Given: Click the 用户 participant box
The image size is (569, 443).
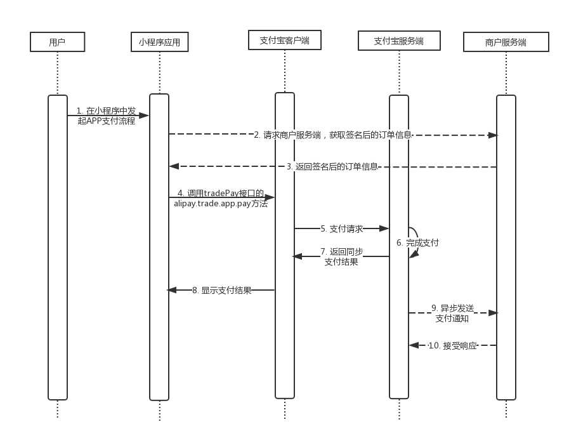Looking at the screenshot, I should click(x=57, y=42).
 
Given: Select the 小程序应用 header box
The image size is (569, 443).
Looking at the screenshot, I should click(x=159, y=43).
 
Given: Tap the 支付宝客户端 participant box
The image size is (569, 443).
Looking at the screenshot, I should click(x=284, y=41).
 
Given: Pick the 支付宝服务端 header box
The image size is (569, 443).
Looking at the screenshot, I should click(x=399, y=41).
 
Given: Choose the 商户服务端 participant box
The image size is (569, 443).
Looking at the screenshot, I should click(x=506, y=43).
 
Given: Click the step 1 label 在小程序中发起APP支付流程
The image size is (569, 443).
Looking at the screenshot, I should click(x=107, y=116).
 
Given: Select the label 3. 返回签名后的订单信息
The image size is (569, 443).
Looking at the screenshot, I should click(x=332, y=166).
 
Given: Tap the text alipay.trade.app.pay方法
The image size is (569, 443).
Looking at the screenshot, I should click(x=221, y=204).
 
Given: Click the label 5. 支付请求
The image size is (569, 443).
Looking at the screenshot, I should click(x=341, y=228).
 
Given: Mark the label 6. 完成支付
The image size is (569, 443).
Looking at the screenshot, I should click(x=417, y=242).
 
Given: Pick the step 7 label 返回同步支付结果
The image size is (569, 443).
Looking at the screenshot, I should click(x=341, y=256).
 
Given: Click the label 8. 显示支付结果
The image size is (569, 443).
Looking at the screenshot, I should click(x=221, y=290).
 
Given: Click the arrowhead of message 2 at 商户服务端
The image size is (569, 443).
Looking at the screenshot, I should click(x=492, y=135).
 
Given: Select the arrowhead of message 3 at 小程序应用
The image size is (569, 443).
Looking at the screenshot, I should click(x=174, y=166).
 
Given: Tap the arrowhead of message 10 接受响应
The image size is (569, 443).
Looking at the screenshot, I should click(x=414, y=345).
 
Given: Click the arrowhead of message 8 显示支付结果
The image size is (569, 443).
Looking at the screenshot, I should click(x=171, y=290).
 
